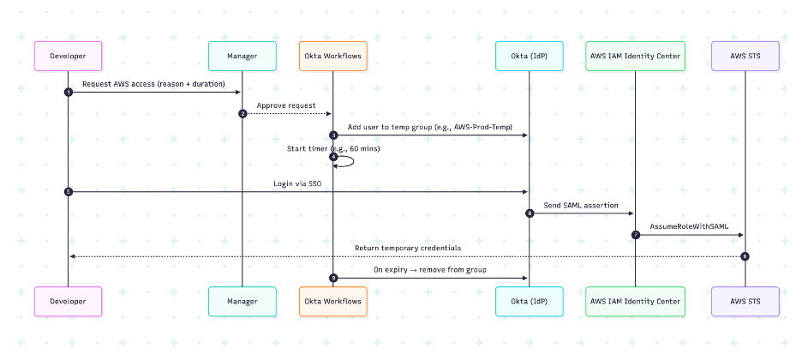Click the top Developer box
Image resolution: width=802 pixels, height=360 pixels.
click(68, 56)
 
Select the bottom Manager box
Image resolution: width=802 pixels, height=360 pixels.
click(242, 301)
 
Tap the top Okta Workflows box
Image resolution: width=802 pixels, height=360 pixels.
click(333, 56)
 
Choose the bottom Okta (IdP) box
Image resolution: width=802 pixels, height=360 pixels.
click(530, 301)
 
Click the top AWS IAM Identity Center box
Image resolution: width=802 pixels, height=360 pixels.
click(636, 56)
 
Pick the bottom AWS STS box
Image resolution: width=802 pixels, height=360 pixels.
click(745, 301)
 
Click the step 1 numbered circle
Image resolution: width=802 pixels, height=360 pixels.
click(68, 92)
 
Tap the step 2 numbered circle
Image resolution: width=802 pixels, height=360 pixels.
click(242, 113)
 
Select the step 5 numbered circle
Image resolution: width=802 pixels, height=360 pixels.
click(68, 191)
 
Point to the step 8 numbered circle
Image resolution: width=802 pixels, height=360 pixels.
click(745, 256)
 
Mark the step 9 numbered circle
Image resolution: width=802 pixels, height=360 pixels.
click(333, 278)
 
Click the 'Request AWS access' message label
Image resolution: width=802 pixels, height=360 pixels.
click(154, 84)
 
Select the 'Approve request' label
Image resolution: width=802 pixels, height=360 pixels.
click(287, 105)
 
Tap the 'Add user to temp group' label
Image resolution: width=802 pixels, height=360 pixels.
click(430, 127)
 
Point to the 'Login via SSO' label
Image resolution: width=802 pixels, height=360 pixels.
click(298, 183)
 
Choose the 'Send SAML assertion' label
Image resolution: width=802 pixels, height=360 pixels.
click(581, 206)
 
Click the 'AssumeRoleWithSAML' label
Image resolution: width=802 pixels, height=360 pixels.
click(690, 227)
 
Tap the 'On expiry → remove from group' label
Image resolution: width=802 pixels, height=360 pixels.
click(430, 270)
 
